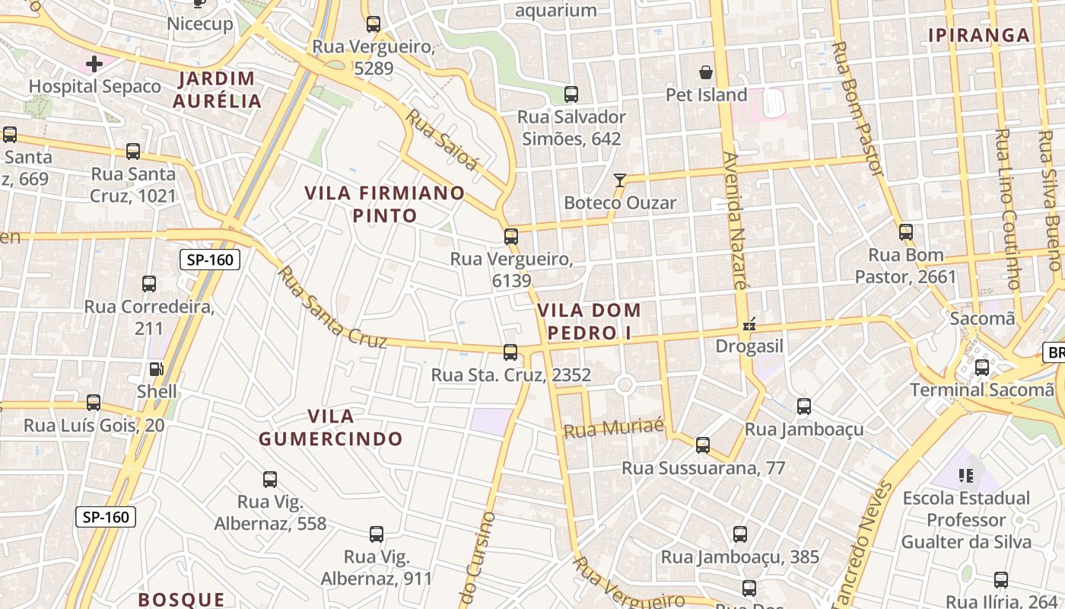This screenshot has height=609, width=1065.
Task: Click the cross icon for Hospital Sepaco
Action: (94, 64)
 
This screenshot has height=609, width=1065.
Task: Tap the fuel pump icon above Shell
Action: (156, 369)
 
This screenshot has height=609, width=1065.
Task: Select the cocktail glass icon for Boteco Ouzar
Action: (620, 180)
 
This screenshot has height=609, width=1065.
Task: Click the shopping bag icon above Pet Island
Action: (706, 72)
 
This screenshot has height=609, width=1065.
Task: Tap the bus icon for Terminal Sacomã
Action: (982, 368)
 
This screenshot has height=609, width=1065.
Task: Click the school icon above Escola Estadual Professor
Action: (967, 476)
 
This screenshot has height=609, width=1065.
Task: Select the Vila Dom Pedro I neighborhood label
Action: (589, 321)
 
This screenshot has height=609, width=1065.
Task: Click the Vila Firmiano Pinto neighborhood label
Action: (384, 204)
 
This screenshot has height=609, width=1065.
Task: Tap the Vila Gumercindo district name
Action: (331, 427)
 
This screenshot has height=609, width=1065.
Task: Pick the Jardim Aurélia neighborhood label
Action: (217, 90)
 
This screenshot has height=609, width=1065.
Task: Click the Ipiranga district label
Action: (979, 35)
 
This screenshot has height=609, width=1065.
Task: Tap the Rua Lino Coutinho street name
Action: (1007, 209)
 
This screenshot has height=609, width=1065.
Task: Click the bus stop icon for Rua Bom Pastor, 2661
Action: (905, 232)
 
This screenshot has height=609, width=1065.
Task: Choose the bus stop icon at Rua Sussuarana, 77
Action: (703, 445)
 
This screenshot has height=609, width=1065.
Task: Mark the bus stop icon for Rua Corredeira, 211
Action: (149, 284)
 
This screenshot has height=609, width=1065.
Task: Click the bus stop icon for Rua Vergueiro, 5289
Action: (373, 24)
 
